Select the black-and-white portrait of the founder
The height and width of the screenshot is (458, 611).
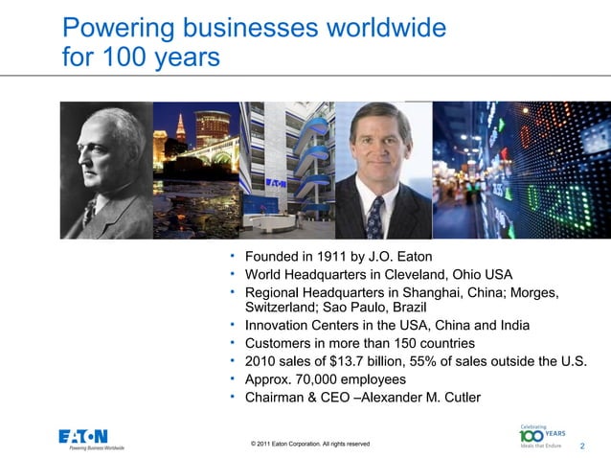tap(105, 170)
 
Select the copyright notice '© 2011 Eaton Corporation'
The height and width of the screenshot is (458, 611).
tap(309, 444)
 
